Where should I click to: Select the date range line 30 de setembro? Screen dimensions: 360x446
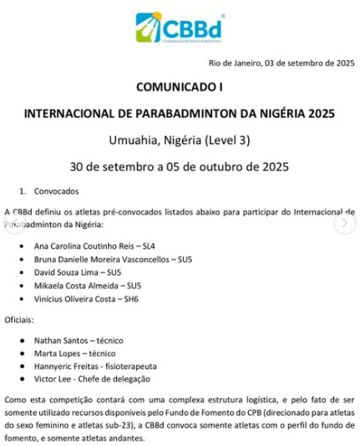coord(180,165)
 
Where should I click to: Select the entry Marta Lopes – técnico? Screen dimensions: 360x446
coord(74,353)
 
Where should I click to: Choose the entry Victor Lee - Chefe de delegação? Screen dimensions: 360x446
coord(92,378)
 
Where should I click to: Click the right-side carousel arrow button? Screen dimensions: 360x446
coord(344,223)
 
